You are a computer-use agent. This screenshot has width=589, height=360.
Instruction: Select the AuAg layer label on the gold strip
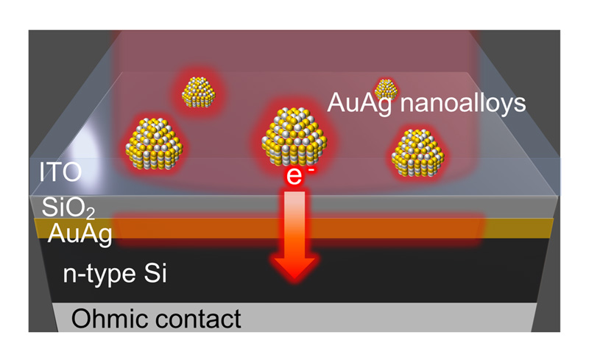point(80,235)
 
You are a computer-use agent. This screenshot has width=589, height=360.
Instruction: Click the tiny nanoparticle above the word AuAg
point(384,89)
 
